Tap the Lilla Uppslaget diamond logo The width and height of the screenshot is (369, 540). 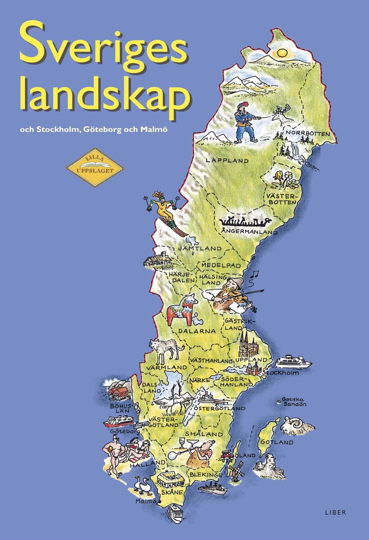point(94,167)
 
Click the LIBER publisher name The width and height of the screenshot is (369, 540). point(335,513)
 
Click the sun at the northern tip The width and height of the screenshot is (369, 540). point(282,52)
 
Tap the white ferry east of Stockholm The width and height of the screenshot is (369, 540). point(293,361)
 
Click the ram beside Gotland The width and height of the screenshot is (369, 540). point(298,426)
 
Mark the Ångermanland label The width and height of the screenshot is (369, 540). point(249,231)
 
